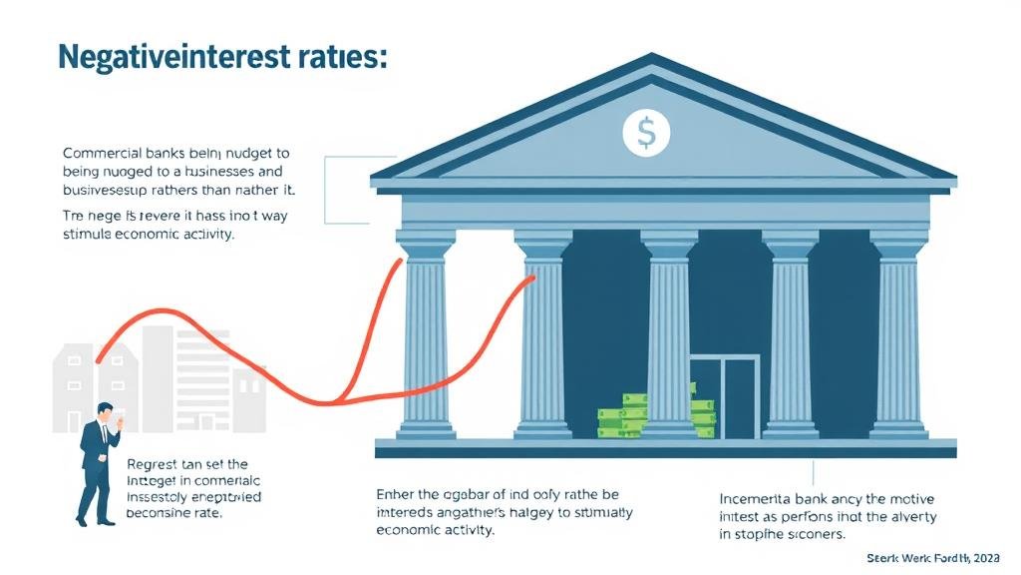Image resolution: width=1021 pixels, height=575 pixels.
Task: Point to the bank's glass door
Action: pyautogui.click(x=725, y=395)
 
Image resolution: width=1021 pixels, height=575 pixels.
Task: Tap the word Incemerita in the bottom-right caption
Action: pyautogui.click(x=755, y=497)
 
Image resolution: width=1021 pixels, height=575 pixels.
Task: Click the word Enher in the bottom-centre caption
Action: pyautogui.click(x=395, y=493)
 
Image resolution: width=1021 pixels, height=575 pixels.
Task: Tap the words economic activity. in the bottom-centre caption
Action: pyautogui.click(x=435, y=530)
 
